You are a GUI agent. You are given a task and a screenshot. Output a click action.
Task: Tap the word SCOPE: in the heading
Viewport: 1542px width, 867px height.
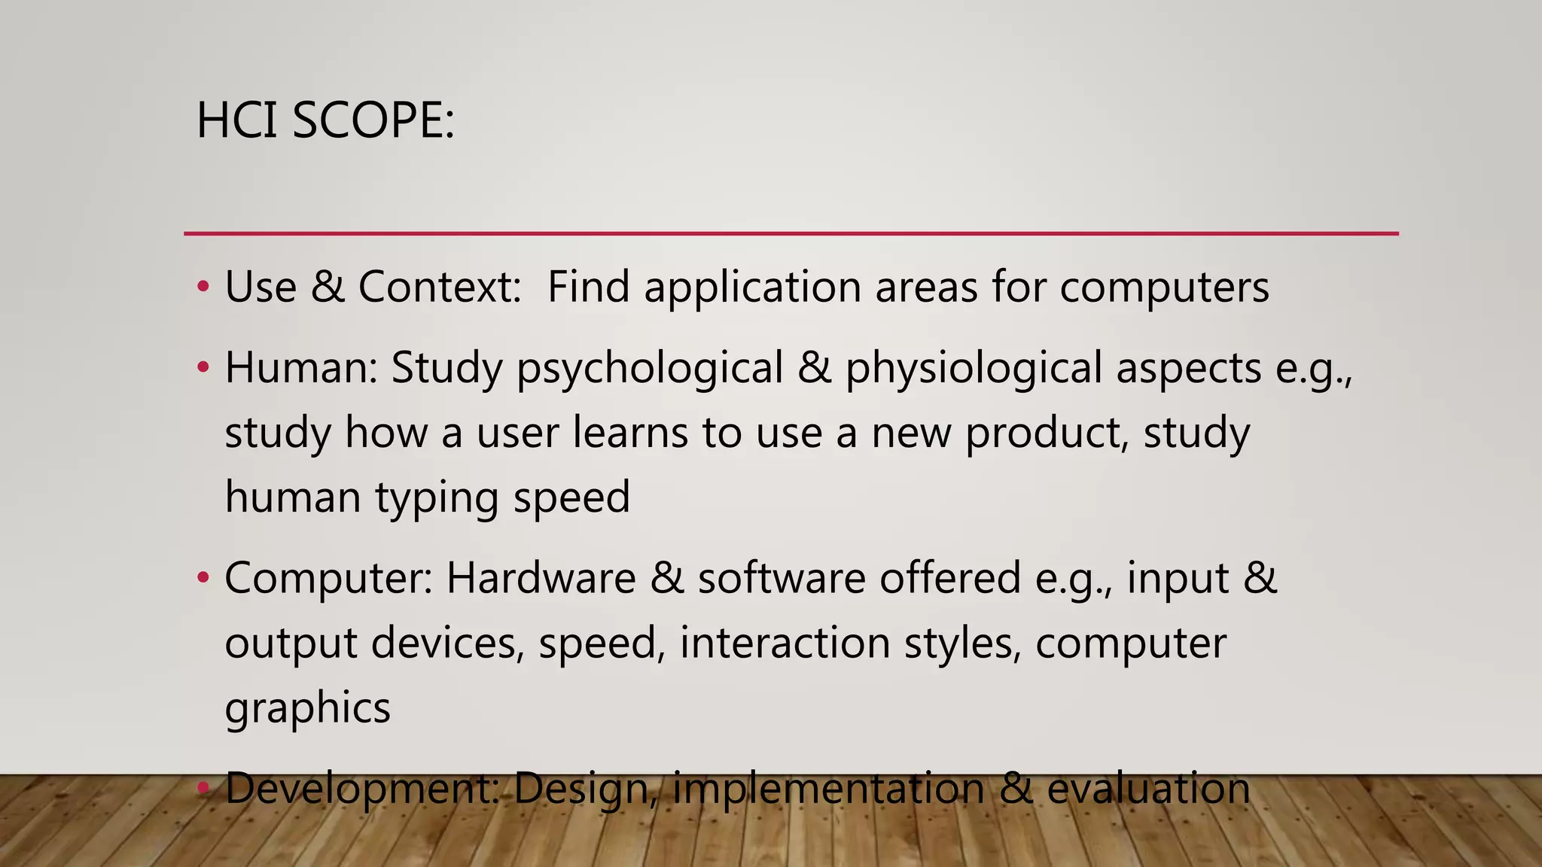pyautogui.click(x=373, y=120)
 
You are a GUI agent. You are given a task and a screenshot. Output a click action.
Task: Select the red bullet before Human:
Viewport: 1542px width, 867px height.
pyautogui.click(x=202, y=368)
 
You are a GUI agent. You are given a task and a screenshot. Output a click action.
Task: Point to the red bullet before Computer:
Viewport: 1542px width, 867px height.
pyautogui.click(x=202, y=578)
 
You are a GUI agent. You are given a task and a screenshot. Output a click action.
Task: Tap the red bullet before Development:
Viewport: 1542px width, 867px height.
pyautogui.click(x=202, y=788)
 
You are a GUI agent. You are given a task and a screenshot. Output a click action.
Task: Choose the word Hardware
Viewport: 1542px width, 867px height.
pyautogui.click(x=541, y=578)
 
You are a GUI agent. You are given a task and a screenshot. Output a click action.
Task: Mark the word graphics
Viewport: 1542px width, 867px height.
pyautogui.click(x=307, y=709)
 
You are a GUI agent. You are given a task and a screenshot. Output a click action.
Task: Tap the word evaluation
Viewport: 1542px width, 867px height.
pyautogui.click(x=1148, y=788)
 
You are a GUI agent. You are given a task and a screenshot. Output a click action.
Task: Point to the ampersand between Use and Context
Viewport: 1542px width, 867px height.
pyautogui.click(x=328, y=287)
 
